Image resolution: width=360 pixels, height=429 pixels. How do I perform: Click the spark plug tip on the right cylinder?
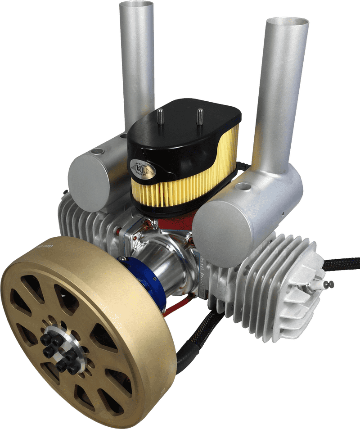pos(330,284)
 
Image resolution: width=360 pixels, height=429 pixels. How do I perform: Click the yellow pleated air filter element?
pos(180,189)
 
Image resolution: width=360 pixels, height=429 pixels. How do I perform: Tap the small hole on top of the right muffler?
pos(244,185)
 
